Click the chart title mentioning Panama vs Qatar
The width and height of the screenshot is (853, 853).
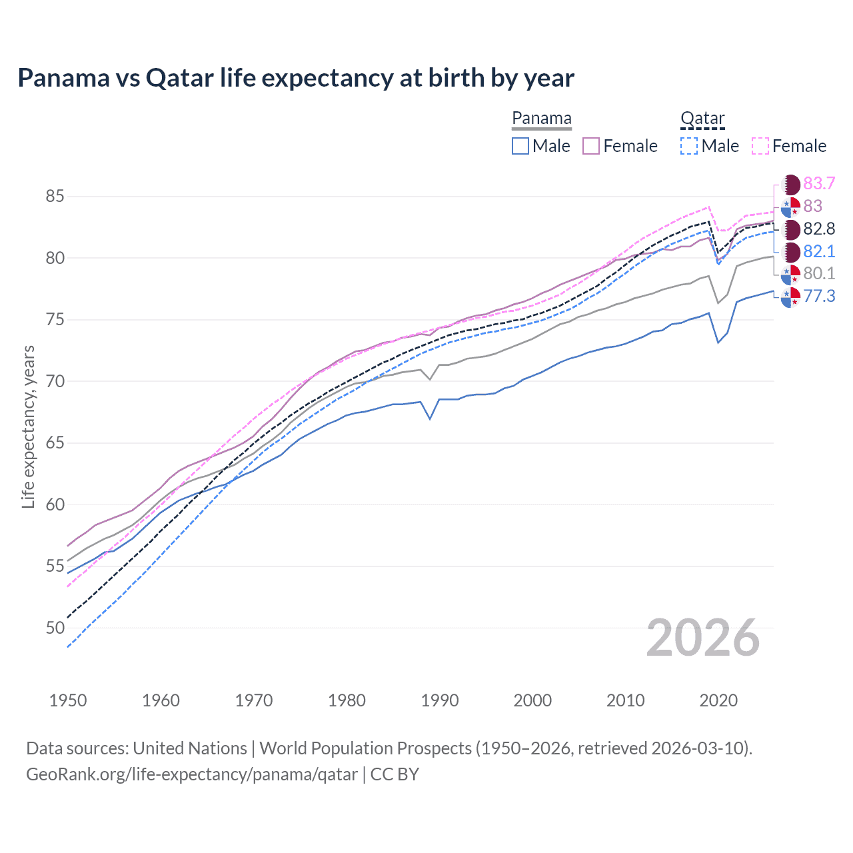pyautogui.click(x=295, y=78)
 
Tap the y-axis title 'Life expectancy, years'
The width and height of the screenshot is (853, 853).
pyautogui.click(x=28, y=427)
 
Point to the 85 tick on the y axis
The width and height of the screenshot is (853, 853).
pyautogui.click(x=55, y=197)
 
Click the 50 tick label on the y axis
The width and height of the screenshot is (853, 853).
pyautogui.click(x=55, y=628)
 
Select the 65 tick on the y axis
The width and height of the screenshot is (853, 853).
pyautogui.click(x=55, y=443)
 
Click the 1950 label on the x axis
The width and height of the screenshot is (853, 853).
pyautogui.click(x=68, y=700)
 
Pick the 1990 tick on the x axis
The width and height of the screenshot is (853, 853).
pyautogui.click(x=440, y=700)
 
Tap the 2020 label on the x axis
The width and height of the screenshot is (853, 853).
pyautogui.click(x=718, y=700)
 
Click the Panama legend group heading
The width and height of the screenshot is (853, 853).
pyautogui.click(x=541, y=118)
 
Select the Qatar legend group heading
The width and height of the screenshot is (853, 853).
pyautogui.click(x=702, y=118)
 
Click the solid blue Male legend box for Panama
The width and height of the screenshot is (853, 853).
pyautogui.click(x=520, y=146)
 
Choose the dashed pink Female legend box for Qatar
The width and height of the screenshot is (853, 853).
pyautogui.click(x=760, y=146)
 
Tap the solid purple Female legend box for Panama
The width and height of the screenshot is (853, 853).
pyautogui.click(x=591, y=146)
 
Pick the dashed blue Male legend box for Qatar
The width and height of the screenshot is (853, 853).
pyautogui.click(x=689, y=146)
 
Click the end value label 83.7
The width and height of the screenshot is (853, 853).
pyautogui.click(x=819, y=183)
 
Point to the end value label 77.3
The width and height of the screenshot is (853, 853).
pyautogui.click(x=819, y=296)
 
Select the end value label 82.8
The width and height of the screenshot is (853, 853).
pyautogui.click(x=819, y=229)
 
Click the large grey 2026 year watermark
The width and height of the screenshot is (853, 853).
pyautogui.click(x=703, y=638)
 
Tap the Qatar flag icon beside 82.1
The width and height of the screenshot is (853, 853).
pyautogui.click(x=791, y=252)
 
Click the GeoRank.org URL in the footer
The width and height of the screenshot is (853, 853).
pyautogui.click(x=192, y=774)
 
